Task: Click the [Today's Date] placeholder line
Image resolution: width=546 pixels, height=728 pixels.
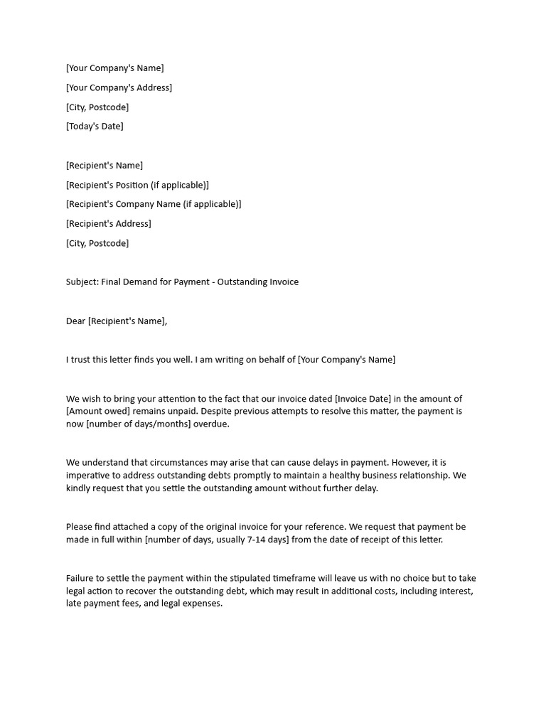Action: (95, 127)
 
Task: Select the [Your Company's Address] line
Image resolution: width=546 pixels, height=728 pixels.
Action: (119, 88)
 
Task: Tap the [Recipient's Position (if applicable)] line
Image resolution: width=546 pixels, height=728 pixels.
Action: (137, 186)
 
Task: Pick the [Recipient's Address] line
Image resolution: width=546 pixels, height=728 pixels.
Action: (108, 224)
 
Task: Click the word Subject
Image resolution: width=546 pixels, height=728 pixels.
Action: (82, 282)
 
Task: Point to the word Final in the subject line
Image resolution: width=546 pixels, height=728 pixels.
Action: (112, 282)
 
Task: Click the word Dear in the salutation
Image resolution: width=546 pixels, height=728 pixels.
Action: (75, 321)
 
